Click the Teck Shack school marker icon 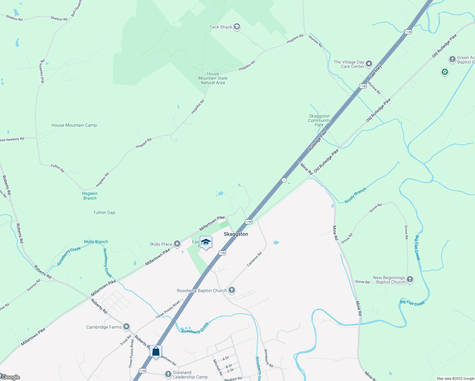pyautogui.click(x=237, y=27)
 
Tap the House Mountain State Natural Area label pyautogui.click(x=213, y=78)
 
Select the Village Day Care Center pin pyautogui.click(x=369, y=64)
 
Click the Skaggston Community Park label pyautogui.click(x=319, y=121)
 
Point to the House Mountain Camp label pyautogui.click(x=74, y=125)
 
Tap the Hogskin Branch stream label pyautogui.click(x=90, y=196)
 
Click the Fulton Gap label pyautogui.click(x=104, y=213)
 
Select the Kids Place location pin pyautogui.click(x=177, y=244)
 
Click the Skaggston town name pyautogui.click(x=236, y=234)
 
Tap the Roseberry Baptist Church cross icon pyautogui.click(x=232, y=290)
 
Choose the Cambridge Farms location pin pyautogui.click(x=126, y=327)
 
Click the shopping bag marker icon pyautogui.click(x=156, y=351)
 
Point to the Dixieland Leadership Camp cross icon pyautogui.click(x=168, y=374)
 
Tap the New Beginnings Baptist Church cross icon pyautogui.click(x=410, y=279)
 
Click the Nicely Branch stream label pyautogui.click(x=355, y=195)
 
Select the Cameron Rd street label pyautogui.click(x=255, y=259)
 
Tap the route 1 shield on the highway pyautogui.click(x=284, y=180)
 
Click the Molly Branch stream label pyautogui.click(x=96, y=242)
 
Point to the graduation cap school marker pyautogui.click(x=206, y=242)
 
